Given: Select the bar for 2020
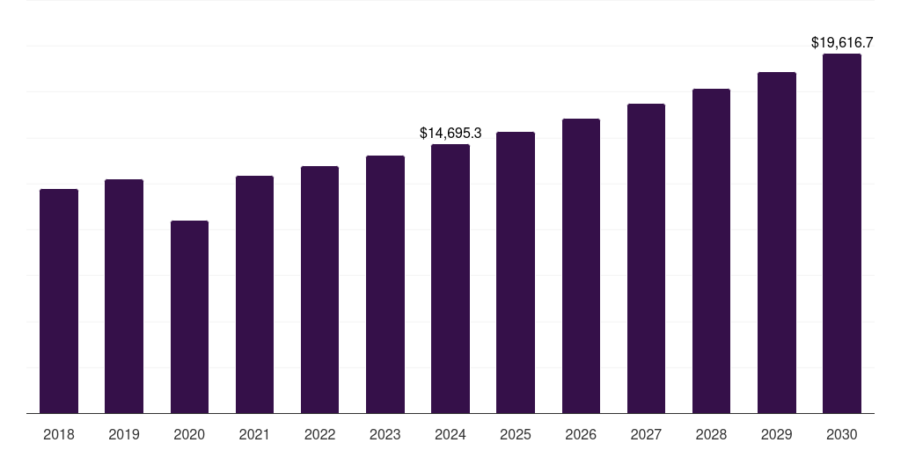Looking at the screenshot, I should coord(189,316).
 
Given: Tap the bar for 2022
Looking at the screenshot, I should coord(319,289).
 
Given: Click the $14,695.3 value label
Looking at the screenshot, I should coord(450,134).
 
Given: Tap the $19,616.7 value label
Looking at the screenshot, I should coord(842,42).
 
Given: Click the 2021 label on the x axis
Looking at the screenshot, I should coord(254,434).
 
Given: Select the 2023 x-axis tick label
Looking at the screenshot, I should coord(385,434).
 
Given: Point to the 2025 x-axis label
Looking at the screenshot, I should coord(516,434).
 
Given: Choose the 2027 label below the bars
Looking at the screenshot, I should coord(646,434).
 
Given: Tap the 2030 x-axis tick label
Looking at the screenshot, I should coord(842,434).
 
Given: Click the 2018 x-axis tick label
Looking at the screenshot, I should coord(59,434).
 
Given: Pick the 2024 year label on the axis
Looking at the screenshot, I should coord(450,434).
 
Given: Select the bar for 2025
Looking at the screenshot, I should coord(516,272).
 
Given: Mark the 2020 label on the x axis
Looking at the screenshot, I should coord(189,434).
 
